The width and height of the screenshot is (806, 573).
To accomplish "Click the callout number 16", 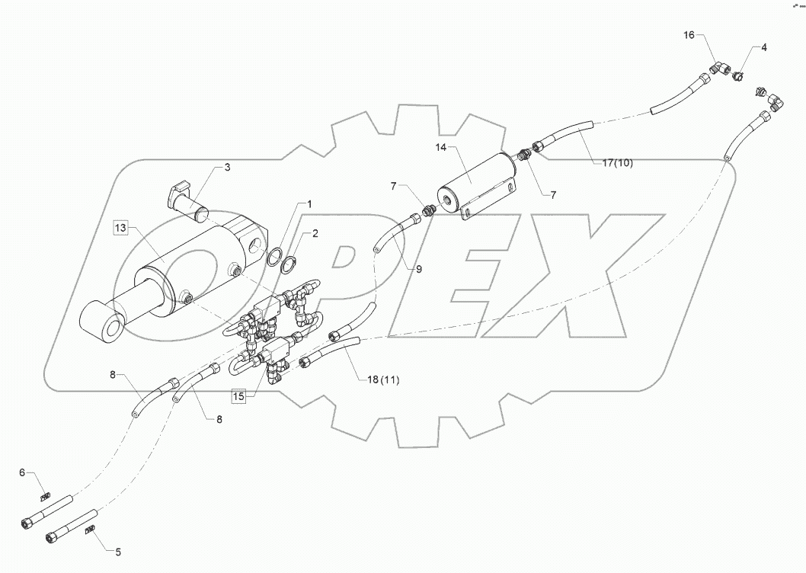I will tap(689, 36).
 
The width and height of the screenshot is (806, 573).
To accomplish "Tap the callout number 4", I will tap(764, 47).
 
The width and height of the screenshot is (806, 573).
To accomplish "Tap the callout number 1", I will tap(309, 204).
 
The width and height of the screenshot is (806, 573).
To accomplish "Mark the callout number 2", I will tap(315, 234).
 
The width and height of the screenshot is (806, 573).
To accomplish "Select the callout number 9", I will tap(417, 268).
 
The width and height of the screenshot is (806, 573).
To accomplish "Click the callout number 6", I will tap(23, 473).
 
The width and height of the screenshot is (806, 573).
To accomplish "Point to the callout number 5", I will tap(118, 551).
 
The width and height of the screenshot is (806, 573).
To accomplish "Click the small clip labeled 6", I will tap(45, 493).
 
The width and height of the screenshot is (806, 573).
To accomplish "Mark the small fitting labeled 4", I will tap(738, 76).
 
